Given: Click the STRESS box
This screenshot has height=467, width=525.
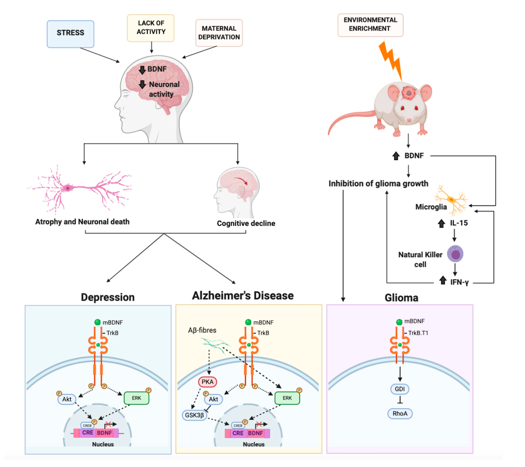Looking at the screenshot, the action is click(70, 34).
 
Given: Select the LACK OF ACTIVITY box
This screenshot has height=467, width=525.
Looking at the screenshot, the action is click(151, 28).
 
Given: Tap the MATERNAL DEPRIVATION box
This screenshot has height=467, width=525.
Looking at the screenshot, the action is click(219, 33).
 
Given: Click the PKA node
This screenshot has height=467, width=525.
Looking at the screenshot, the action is click(208, 382).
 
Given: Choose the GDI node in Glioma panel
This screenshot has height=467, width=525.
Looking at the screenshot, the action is click(400, 389).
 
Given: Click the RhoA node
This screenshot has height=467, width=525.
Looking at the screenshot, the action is click(400, 413).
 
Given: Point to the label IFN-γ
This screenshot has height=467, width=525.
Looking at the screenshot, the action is click(459, 282).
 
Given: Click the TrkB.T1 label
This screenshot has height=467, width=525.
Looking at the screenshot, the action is click(418, 333).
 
